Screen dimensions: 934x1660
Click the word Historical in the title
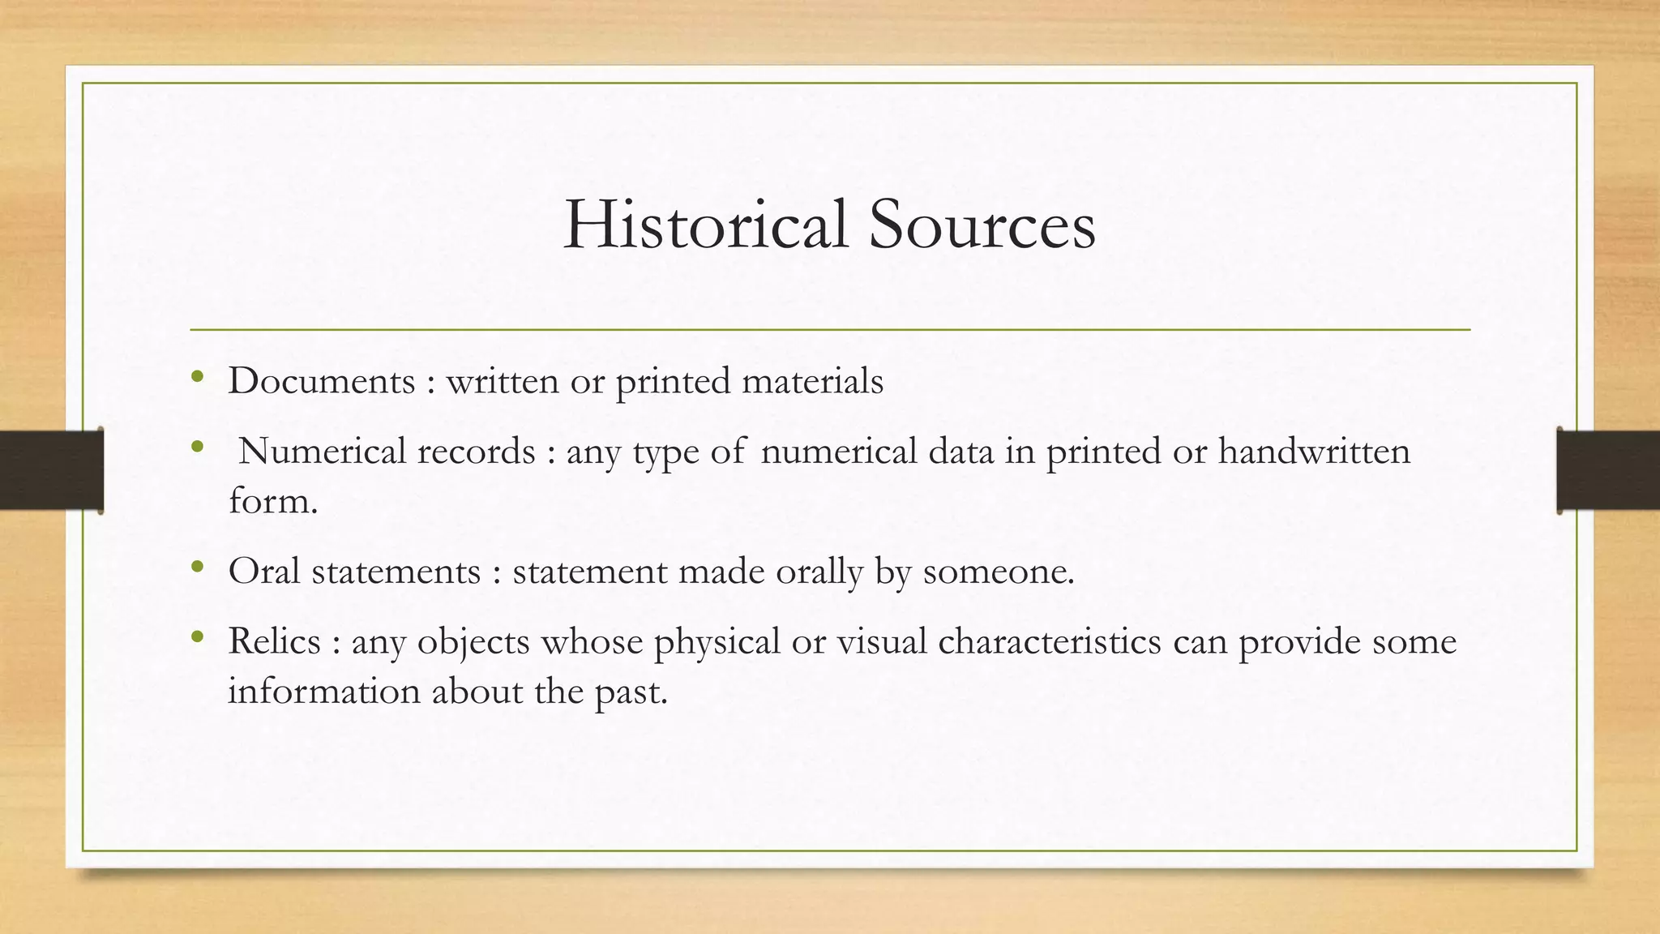(705, 224)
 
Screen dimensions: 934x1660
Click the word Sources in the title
(982, 224)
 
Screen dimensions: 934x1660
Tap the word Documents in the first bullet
(321, 380)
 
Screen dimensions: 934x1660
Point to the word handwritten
(1314, 451)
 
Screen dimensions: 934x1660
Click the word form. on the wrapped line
(272, 500)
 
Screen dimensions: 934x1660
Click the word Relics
(274, 641)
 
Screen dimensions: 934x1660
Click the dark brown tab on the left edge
(51, 470)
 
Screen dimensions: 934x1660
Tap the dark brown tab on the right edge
(1608, 470)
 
